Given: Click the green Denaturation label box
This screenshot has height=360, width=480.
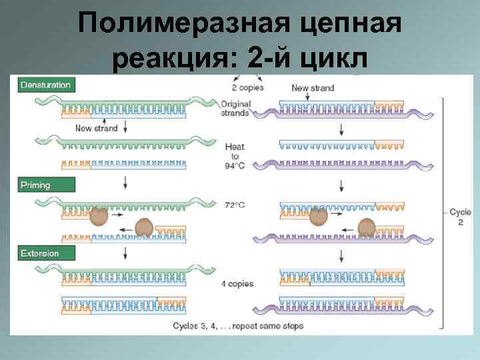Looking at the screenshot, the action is click(45, 85).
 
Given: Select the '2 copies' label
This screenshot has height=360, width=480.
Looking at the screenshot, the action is click(248, 88).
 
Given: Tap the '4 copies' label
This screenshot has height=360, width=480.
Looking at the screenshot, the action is click(237, 284).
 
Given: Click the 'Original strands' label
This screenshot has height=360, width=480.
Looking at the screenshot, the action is click(235, 108).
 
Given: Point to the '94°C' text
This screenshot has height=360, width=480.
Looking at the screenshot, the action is click(235, 166).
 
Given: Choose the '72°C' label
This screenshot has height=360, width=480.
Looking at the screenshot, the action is click(234, 205).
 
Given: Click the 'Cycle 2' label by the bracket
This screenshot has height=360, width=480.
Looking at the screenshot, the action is click(460, 217).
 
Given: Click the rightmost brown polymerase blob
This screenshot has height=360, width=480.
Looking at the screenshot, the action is click(366, 228).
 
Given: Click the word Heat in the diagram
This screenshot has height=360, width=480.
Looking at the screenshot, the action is click(235, 147).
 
